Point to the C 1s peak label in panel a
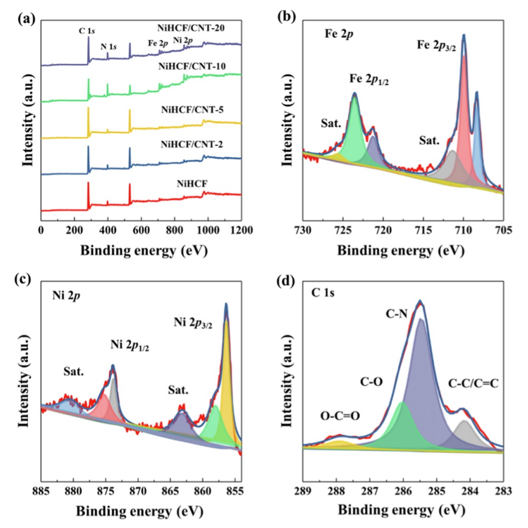tap(87, 32)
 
